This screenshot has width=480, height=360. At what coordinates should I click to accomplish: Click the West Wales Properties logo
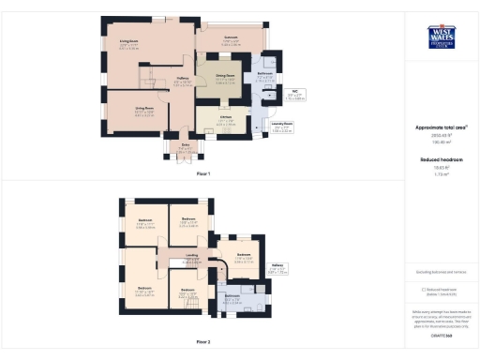(441, 36)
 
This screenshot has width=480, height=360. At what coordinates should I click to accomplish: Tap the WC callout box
(294, 94)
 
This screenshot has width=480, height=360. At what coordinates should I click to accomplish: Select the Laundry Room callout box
(282, 126)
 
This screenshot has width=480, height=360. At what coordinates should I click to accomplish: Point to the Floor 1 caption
(203, 174)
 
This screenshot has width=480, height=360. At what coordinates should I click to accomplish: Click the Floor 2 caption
(203, 342)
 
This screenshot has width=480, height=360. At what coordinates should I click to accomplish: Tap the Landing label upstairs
(192, 256)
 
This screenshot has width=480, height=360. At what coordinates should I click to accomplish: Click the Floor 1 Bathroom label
(265, 77)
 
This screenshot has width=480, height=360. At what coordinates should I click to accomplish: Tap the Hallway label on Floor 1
(183, 82)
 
